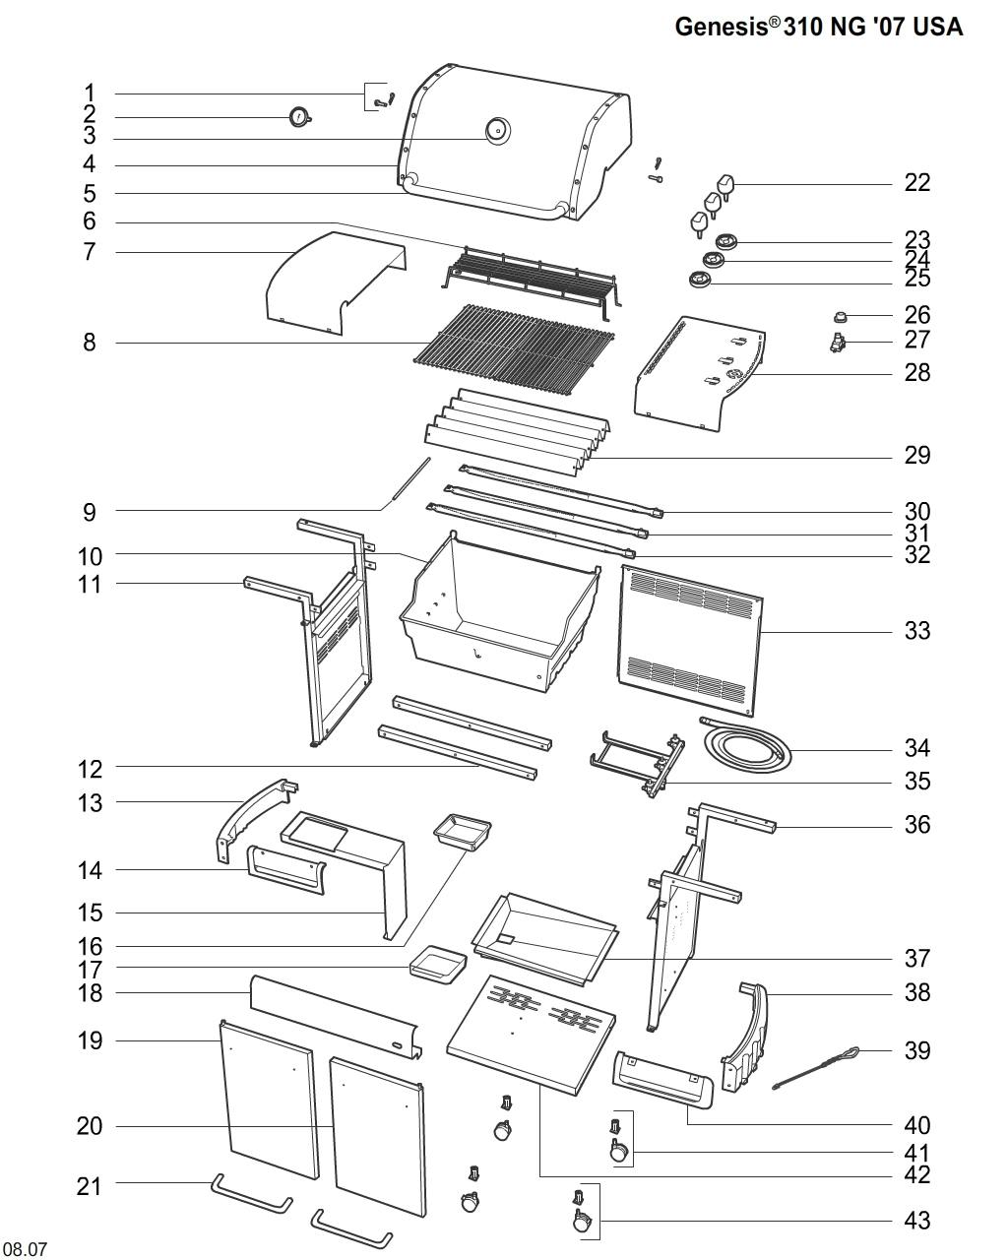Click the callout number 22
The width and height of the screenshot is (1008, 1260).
(x=916, y=183)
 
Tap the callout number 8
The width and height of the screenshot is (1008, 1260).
(x=90, y=344)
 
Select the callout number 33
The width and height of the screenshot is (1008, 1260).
(x=916, y=631)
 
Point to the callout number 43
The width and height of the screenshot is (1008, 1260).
(x=916, y=1221)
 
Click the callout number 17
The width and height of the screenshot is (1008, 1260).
(x=90, y=970)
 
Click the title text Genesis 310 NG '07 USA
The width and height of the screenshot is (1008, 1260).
(x=818, y=27)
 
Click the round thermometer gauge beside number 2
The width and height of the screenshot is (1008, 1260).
(x=298, y=118)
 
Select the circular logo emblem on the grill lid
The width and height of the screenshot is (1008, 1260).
(x=498, y=130)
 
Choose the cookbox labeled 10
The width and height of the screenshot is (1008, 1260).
(x=497, y=620)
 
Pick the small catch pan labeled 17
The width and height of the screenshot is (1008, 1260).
(x=439, y=963)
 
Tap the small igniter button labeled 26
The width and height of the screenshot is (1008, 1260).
(x=842, y=316)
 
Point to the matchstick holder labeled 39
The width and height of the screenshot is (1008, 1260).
(x=817, y=1068)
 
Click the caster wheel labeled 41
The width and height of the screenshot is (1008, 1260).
(x=618, y=1148)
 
